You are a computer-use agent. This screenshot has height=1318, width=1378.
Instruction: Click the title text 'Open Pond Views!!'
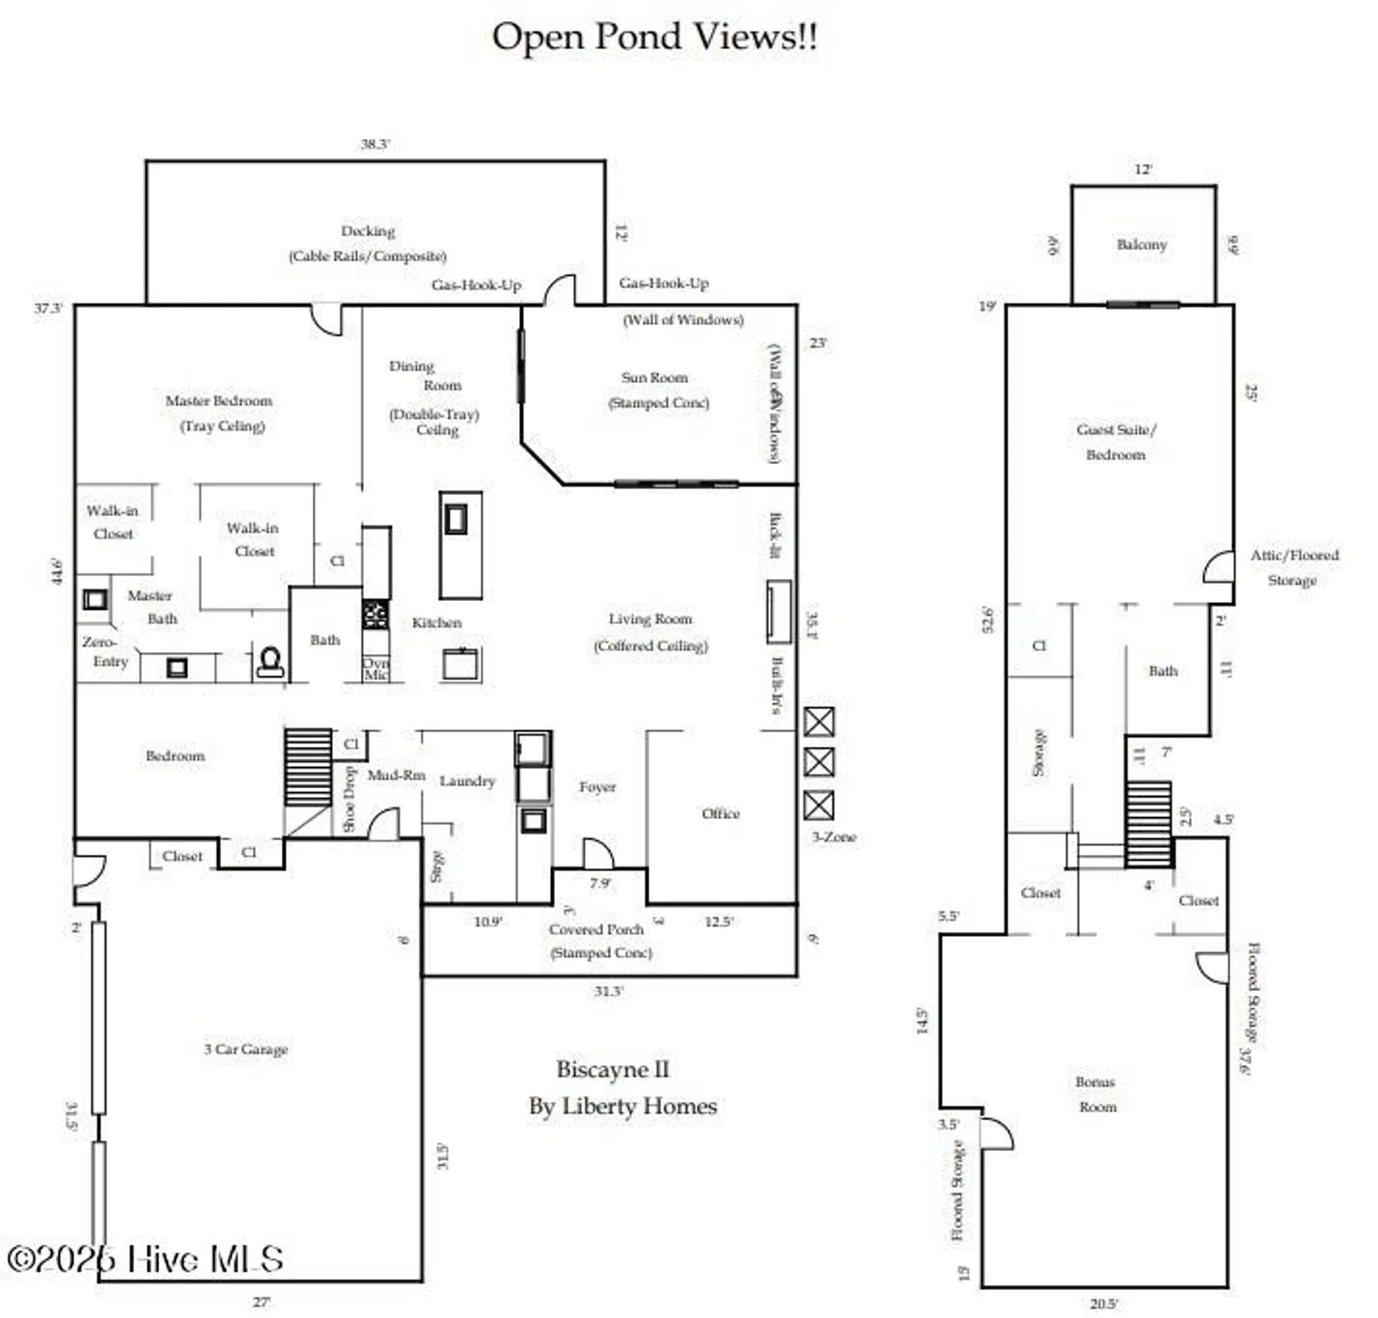coord(654,37)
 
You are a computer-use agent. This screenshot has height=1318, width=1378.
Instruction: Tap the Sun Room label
coord(655,378)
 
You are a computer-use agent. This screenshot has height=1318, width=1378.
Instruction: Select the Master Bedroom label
coord(219,401)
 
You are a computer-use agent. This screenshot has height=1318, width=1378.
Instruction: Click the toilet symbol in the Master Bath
coord(270,662)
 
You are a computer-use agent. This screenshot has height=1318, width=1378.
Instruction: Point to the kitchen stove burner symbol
coord(375,613)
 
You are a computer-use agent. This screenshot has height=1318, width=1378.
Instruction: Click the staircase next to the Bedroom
coord(308,765)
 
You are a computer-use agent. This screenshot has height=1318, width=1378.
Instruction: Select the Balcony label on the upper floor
coord(1142,244)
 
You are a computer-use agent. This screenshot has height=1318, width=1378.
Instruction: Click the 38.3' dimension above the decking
coord(374,143)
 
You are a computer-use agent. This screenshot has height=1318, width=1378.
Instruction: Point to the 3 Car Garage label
coord(246,1049)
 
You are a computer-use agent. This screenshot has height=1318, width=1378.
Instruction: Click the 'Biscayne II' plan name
coord(613,1069)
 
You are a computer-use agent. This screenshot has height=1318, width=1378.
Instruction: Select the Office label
coord(721,814)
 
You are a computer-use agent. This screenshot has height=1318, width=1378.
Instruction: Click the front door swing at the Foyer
coord(598,853)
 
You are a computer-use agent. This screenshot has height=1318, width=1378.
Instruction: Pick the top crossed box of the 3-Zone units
coord(819,721)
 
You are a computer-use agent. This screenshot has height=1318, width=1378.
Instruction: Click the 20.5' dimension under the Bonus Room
coord(1104,1304)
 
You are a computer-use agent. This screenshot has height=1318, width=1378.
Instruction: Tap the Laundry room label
coord(468,780)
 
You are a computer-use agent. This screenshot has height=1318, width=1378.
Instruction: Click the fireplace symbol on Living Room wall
coord(779,611)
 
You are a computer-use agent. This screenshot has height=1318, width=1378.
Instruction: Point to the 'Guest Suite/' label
coord(1116,430)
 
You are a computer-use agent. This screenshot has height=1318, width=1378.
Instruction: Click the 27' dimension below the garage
coord(262,1302)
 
